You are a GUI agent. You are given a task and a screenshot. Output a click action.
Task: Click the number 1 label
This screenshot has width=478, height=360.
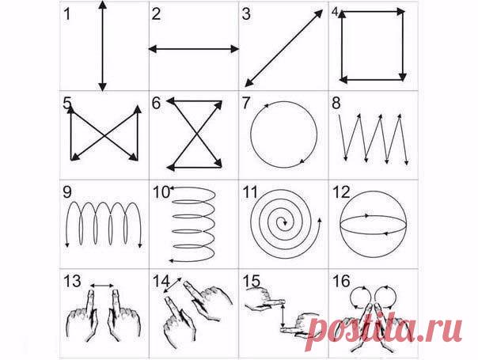pyautogui.click(x=67, y=14)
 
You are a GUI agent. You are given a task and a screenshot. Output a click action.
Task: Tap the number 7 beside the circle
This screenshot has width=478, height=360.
pyautogui.click(x=245, y=103)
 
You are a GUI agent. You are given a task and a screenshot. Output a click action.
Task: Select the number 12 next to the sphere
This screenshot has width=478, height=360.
pyautogui.click(x=341, y=192)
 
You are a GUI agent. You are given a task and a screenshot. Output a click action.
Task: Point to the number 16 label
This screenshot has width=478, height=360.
pyautogui.click(x=341, y=282)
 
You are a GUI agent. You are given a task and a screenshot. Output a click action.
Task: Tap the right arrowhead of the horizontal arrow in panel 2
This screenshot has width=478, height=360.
pyautogui.click(x=235, y=49)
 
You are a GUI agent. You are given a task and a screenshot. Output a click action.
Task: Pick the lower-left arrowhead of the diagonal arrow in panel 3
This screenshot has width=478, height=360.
pyautogui.click(x=248, y=82)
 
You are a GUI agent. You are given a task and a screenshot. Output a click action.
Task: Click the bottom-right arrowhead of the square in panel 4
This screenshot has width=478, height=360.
pyautogui.click(x=403, y=77)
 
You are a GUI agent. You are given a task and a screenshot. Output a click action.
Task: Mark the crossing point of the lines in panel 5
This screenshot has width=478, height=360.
pyautogui.click(x=104, y=135)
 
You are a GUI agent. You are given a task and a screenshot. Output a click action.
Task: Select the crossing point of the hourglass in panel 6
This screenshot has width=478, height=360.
pyautogui.click(x=196, y=135)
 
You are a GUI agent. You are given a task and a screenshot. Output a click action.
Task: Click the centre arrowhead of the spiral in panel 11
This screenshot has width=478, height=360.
pyautogui.click(x=285, y=222)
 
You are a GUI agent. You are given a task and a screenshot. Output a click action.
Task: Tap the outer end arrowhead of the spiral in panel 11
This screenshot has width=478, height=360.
pyautogui.click(x=320, y=220)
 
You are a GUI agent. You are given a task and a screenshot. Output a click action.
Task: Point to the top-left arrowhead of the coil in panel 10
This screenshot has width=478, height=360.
pyautogui.click(x=171, y=188)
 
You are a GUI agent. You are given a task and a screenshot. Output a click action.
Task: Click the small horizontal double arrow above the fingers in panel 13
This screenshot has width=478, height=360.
pyautogui.click(x=102, y=286)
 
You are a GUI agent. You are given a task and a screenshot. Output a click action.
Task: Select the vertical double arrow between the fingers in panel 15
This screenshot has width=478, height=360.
pyautogui.click(x=283, y=316)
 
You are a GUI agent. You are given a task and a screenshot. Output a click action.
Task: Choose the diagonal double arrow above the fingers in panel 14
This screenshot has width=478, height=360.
pyautogui.click(x=173, y=285)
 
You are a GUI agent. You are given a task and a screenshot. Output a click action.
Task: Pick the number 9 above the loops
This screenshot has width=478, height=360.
pyautogui.click(x=67, y=192)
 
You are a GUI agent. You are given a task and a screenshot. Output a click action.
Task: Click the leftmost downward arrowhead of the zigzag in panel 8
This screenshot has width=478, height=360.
pyautogui.click(x=345, y=158)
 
